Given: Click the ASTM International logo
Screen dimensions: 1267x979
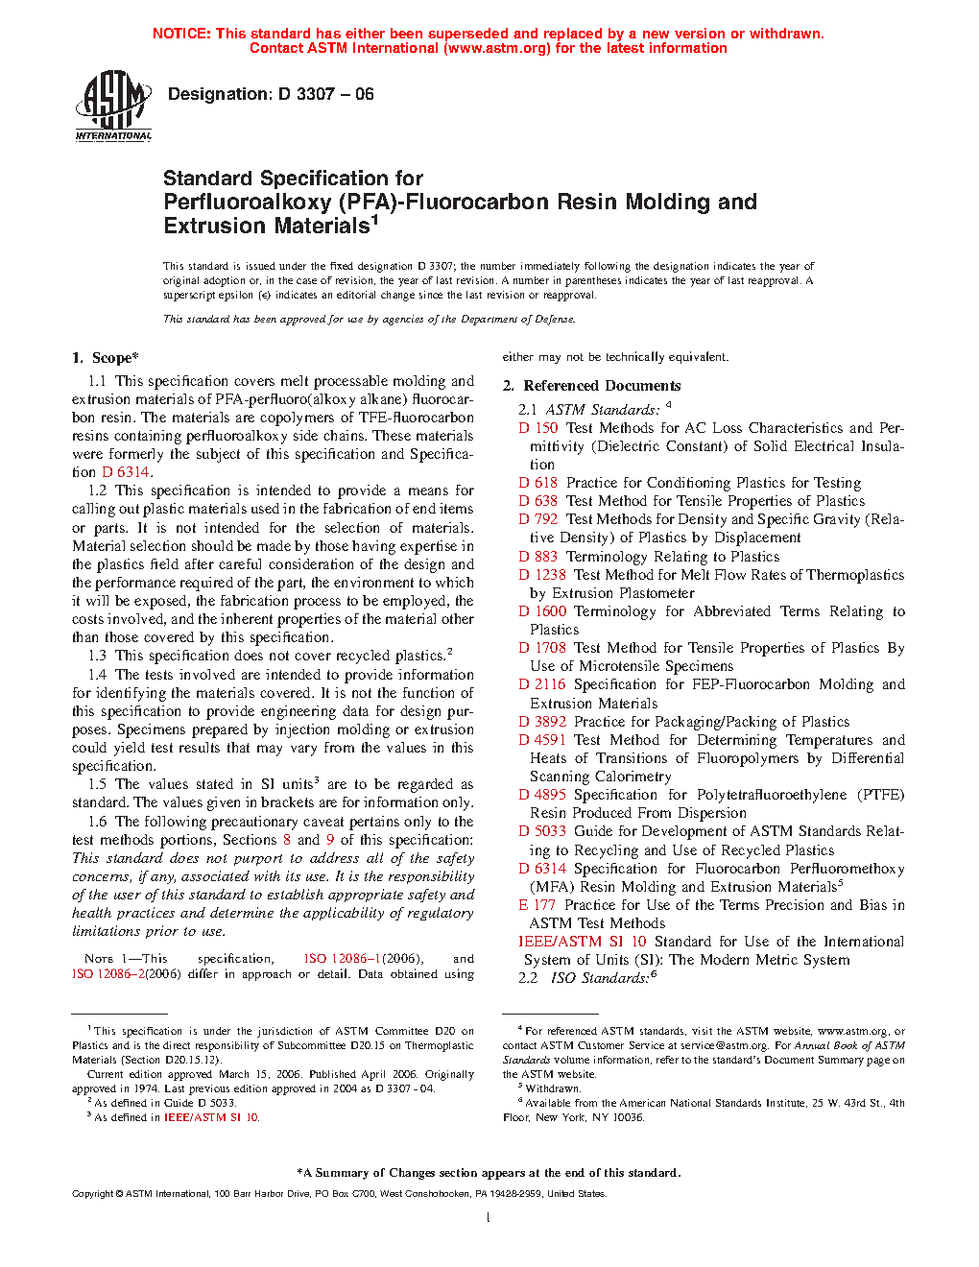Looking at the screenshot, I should pos(113,106).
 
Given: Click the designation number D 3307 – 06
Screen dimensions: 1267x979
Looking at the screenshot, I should pos(324,94).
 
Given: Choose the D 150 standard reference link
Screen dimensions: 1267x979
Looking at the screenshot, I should pos(538,428).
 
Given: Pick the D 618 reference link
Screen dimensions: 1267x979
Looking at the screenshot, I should pos(538,483).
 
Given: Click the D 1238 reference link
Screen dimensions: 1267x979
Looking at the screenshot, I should pos(542,575).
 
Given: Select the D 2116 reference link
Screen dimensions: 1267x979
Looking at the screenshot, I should pos(542,684).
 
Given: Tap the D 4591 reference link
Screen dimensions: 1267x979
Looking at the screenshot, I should pos(542,740).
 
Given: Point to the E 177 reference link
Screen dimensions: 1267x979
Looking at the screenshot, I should pos(537,905).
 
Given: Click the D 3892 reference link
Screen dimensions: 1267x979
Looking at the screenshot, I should pos(542,722).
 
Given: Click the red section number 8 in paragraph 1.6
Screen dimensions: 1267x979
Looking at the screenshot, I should pos(287,840).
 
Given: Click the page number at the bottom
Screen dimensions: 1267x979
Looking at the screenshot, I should pos(489,1218).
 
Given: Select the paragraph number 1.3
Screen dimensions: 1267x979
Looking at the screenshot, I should pos(97,656).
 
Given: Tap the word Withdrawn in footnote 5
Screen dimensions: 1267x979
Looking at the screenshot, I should pos(553,1088).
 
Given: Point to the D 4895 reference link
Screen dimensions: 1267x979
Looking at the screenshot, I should pos(542,795).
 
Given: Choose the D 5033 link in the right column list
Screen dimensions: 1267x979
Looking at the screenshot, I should pos(542,831).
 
